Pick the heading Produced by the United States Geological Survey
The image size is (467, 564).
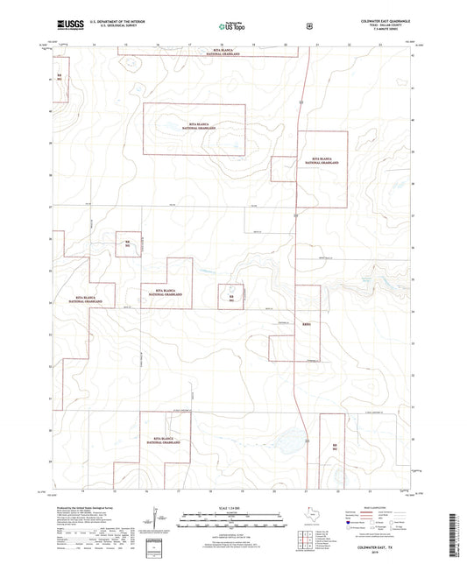(85, 507)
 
